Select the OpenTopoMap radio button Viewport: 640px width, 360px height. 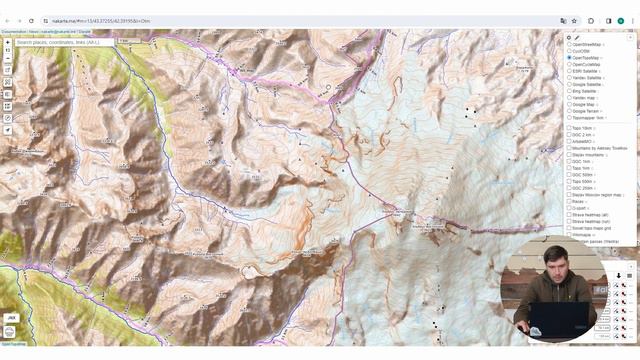[x=570, y=58]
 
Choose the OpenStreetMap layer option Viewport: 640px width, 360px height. [x=570, y=44]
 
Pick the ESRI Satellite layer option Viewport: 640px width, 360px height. [x=570, y=71]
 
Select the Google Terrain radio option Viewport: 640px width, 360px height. [x=570, y=111]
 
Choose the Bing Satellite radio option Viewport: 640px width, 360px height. [x=570, y=91]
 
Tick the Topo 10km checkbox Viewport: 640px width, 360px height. [x=570, y=128]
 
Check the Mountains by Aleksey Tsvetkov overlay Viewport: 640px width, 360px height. [x=570, y=148]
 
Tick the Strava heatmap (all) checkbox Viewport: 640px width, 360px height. [x=570, y=214]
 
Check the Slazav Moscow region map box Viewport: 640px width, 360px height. [x=570, y=194]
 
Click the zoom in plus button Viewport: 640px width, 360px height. [x=8, y=43]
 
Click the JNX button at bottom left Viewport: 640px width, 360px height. [x=11, y=317]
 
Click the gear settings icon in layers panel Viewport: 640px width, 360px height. [x=569, y=37]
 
